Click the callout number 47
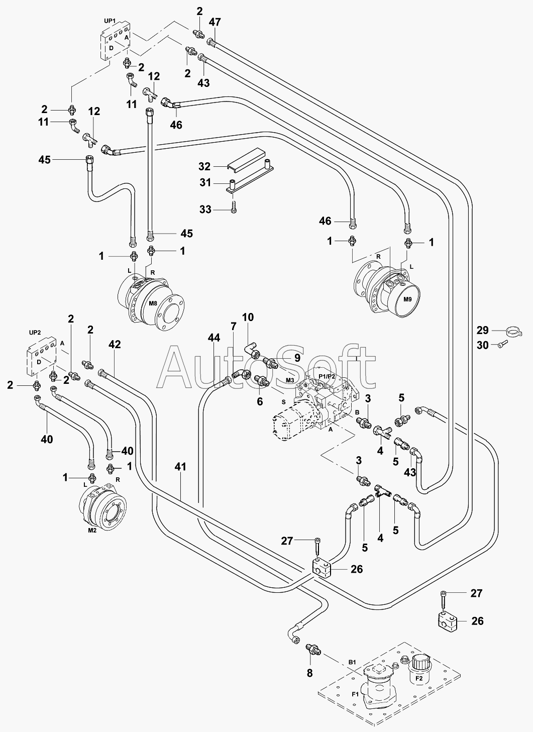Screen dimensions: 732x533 point(215,22)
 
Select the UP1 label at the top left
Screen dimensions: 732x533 point(109,21)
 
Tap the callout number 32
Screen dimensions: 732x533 point(204,166)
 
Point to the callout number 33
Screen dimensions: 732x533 point(205,210)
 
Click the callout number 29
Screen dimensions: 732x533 point(482,330)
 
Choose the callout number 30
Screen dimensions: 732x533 point(482,345)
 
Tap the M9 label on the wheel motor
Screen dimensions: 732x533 point(407,299)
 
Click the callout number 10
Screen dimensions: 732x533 point(248,318)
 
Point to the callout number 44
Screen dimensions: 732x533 point(214,338)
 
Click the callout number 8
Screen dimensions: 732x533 point(309,673)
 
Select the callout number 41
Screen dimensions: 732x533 point(180,467)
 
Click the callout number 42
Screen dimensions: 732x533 point(115,344)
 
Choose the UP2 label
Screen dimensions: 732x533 point(35,333)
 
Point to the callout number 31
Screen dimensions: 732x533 point(205,183)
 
